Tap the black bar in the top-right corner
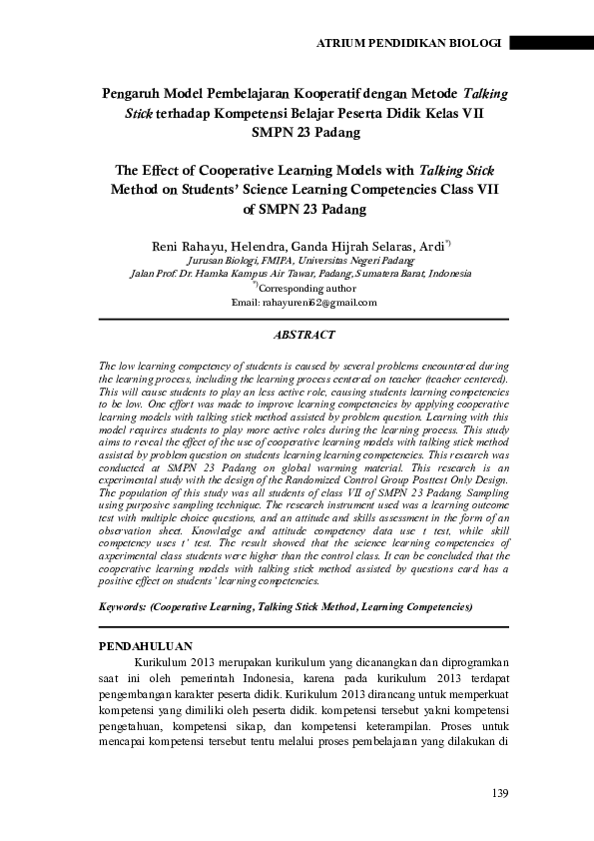coord(551,44)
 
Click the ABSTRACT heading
coord(304,336)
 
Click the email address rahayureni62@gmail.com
coord(304,302)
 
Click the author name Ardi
coord(431,244)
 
